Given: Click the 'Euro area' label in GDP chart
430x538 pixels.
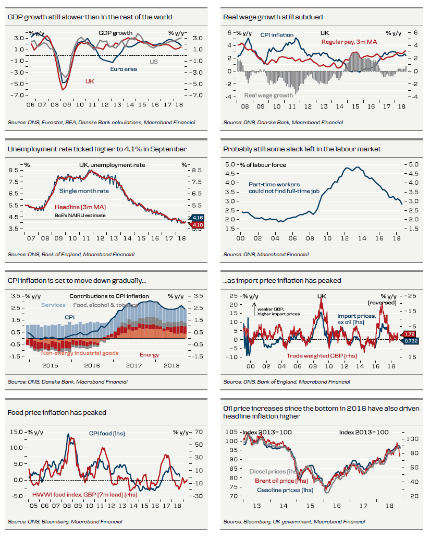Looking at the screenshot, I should click(123, 68).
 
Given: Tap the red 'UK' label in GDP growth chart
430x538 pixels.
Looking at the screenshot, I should click(90, 81).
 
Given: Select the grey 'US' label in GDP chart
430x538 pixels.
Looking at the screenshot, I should click(154, 62).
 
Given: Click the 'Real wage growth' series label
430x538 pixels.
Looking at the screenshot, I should click(268, 95).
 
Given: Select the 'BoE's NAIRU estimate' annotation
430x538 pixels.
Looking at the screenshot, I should click(80, 215).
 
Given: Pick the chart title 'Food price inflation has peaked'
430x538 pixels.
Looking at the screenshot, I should click(57, 412).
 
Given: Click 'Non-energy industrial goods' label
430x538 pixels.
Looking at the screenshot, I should click(80, 353).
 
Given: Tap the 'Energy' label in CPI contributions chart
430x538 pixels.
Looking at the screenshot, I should click(150, 355).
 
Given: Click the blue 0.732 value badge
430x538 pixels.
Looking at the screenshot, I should click(411, 340).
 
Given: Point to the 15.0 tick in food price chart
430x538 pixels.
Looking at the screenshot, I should click(16, 432).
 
